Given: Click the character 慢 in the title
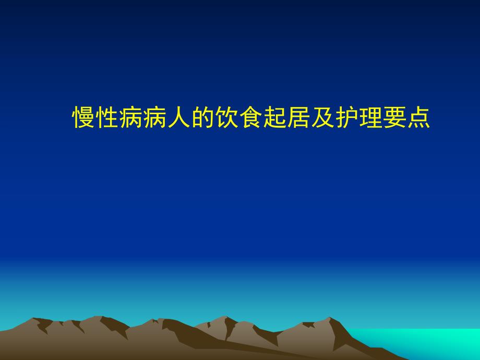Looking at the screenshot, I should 83,118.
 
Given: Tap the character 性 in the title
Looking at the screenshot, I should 107,118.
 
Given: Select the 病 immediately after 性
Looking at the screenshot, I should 131,118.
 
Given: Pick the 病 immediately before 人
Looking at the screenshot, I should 155,118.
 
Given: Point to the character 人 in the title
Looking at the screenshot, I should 179,118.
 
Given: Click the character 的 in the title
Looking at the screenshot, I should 203,118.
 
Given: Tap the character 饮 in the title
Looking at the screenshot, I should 227,118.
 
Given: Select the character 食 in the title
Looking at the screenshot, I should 251,118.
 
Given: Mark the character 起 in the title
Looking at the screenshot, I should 275,118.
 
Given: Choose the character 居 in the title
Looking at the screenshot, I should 298,118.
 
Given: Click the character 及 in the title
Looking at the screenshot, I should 322,118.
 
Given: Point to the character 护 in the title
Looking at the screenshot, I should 346,118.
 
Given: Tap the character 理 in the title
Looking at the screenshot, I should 370,118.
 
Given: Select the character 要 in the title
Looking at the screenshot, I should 394,118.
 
